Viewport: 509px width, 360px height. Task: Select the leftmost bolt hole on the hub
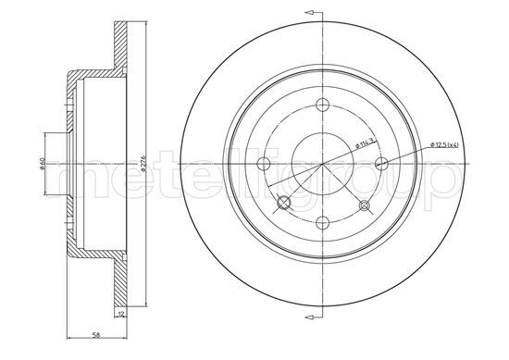click(264, 164)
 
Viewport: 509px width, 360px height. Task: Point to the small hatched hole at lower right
click(363, 206)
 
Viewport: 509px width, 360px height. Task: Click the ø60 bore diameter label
click(43, 165)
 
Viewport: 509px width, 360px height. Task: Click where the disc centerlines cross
click(321, 164)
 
